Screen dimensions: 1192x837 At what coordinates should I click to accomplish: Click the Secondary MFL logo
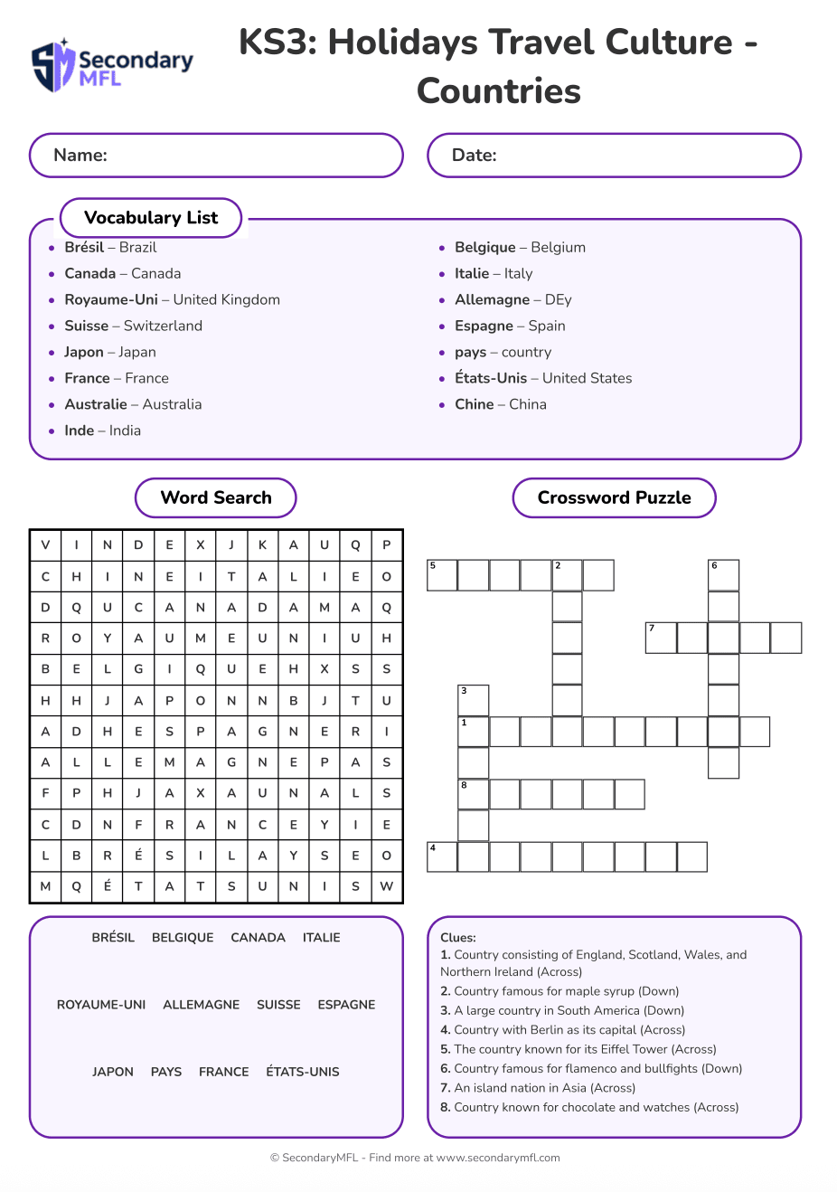pos(112,66)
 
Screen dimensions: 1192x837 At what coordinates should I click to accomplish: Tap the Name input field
pos(216,156)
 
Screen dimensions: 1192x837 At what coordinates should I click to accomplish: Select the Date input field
pos(614,156)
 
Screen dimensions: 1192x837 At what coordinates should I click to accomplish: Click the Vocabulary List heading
pos(151,218)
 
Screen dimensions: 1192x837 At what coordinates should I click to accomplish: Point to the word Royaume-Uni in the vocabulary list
pos(111,299)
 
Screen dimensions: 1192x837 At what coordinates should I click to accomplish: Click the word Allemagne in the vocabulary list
pos(492,299)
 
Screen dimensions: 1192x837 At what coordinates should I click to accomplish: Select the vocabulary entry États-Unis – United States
pos(543,378)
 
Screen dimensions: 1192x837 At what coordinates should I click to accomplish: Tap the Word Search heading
pos(216,497)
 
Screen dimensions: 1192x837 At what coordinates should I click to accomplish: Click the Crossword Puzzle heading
pos(614,497)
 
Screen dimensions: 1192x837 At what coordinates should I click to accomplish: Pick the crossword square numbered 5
pos(442,575)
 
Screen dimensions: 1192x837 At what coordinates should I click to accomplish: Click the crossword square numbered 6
pos(723,575)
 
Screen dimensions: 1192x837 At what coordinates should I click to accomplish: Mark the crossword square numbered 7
pos(661,638)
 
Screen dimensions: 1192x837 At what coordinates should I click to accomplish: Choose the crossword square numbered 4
pos(442,856)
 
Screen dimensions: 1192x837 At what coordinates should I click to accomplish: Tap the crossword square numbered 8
pos(474,794)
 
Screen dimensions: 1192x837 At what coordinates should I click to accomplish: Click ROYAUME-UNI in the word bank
pos(101,1005)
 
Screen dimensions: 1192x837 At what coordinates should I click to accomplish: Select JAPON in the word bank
pos(113,1072)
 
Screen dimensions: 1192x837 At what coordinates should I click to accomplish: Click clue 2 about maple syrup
pos(560,991)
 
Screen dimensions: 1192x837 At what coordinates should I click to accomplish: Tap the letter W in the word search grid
pos(387,886)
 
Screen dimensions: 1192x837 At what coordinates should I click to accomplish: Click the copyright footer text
pos(415,1158)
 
